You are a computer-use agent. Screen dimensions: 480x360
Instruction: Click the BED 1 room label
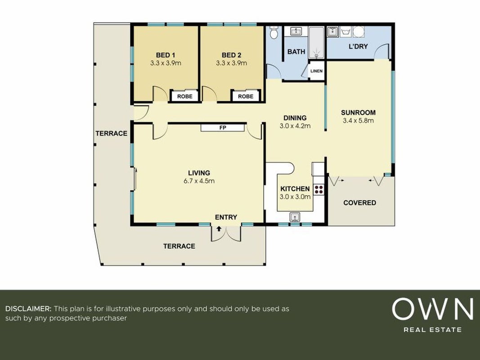point(165,55)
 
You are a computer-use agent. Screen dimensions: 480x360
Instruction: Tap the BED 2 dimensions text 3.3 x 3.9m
point(231,63)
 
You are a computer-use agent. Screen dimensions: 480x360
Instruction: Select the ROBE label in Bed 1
point(185,96)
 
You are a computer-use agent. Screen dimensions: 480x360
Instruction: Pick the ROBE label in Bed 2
point(246,96)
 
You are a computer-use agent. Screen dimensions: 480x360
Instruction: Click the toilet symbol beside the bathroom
point(274,32)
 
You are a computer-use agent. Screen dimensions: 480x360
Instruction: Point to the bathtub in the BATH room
point(316,43)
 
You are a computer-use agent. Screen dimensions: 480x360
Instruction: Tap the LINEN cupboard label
point(316,71)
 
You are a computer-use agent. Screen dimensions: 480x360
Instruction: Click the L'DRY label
point(358,46)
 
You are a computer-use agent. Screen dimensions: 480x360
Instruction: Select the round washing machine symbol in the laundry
point(359,32)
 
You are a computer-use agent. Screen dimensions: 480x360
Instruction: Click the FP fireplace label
point(223,128)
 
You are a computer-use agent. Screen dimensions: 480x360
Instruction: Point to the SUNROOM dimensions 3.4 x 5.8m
point(358,121)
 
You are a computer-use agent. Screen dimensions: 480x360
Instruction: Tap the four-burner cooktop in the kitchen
point(319,189)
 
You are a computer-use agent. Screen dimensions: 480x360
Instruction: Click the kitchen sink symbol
point(295,217)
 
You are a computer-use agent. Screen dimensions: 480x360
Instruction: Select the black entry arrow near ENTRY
point(219,229)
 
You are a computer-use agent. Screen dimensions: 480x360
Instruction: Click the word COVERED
point(360,202)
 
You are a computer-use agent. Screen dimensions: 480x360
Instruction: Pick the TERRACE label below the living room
point(179,246)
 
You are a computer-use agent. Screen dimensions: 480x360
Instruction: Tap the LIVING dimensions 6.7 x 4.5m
point(199,181)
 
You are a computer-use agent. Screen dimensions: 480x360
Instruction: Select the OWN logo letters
point(433,309)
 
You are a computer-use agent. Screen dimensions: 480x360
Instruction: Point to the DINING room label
point(295,118)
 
